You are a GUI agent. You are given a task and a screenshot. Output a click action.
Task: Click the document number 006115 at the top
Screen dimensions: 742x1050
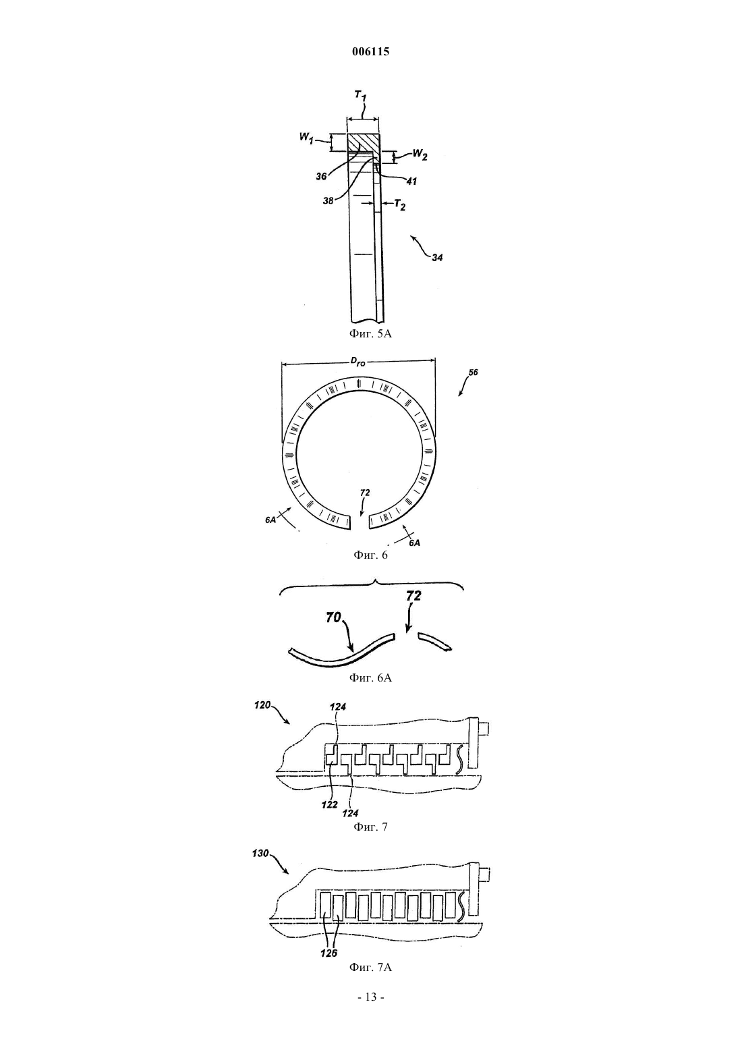(x=370, y=52)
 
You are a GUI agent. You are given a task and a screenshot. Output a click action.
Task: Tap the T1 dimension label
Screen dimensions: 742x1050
(x=360, y=96)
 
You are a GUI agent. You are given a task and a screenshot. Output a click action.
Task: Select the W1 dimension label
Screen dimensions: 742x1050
(x=306, y=138)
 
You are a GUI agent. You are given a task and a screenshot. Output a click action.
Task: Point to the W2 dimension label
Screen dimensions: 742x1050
(x=420, y=155)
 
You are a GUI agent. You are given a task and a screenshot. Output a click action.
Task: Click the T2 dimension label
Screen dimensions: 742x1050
(x=399, y=205)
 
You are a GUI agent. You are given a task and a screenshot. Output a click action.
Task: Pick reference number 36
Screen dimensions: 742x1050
(x=321, y=177)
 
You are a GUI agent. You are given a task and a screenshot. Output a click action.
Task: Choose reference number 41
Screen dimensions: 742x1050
(x=411, y=182)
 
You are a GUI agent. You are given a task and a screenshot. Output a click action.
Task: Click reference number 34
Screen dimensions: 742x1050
(x=437, y=257)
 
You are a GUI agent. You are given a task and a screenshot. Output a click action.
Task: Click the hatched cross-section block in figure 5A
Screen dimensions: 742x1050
(x=364, y=142)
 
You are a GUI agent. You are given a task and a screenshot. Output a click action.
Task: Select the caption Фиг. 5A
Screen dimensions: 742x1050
(x=370, y=333)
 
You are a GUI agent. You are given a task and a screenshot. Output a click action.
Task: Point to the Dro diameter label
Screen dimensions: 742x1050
(x=358, y=362)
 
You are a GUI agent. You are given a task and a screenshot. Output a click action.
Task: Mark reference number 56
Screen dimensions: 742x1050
(x=473, y=372)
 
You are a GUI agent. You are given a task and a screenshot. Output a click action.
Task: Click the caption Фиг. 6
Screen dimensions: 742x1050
(x=370, y=555)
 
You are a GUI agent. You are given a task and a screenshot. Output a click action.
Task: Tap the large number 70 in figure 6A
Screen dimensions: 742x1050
(x=333, y=618)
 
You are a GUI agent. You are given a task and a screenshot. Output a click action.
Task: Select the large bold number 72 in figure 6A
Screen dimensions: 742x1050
(x=413, y=596)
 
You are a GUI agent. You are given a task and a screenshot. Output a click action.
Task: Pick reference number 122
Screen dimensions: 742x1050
(x=329, y=804)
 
